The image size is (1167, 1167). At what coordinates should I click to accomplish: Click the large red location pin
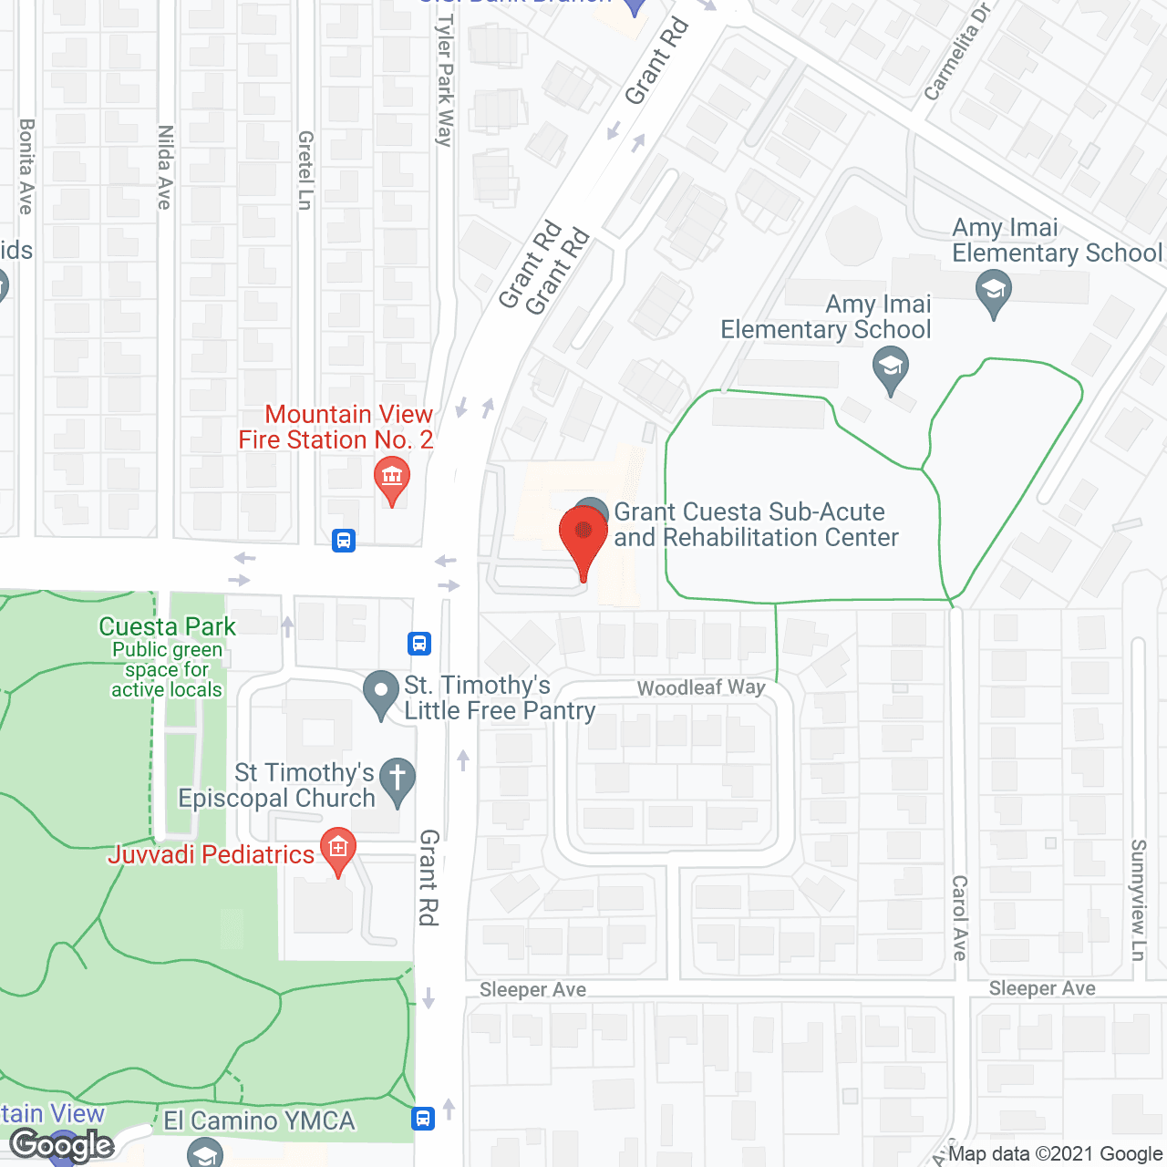tap(583, 537)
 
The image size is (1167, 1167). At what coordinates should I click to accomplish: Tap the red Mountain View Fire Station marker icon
tap(392, 477)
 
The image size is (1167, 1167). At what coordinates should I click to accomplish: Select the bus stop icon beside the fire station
tap(344, 541)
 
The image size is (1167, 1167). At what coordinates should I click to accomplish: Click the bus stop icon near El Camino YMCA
tap(423, 1118)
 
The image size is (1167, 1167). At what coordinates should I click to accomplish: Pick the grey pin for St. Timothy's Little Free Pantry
tap(380, 694)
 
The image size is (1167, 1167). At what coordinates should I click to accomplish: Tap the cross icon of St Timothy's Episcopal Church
tap(398, 780)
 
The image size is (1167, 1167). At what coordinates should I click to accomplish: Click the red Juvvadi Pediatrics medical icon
tap(338, 850)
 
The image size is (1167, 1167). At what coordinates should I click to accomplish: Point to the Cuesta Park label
tap(167, 627)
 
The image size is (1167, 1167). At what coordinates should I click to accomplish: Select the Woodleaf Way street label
tap(701, 687)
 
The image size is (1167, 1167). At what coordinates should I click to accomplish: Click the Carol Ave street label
tap(959, 917)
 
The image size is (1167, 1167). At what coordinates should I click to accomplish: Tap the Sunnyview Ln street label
tap(1138, 899)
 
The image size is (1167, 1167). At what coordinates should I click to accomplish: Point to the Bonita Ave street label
tap(26, 167)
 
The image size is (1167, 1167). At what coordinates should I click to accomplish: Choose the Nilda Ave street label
tap(165, 168)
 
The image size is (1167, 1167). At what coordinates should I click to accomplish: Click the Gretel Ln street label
tap(305, 170)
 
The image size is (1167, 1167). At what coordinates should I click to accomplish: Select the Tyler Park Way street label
tap(445, 80)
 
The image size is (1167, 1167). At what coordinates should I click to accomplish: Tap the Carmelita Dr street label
tap(956, 53)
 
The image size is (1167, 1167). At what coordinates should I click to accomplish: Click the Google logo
tap(62, 1145)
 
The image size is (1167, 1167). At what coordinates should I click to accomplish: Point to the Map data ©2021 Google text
tap(1056, 1154)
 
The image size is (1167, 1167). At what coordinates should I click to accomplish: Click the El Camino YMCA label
tap(259, 1121)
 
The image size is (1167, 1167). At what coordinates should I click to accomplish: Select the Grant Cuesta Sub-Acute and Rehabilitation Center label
tap(756, 525)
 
